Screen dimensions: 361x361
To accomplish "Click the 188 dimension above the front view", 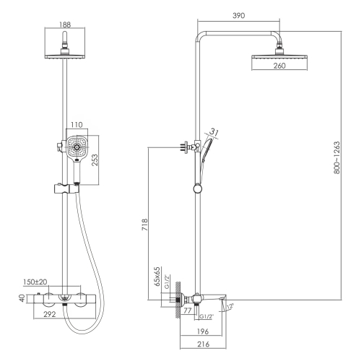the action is (x=65, y=25).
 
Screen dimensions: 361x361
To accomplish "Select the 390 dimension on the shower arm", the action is (x=238, y=16).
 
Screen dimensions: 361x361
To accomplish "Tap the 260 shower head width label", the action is (x=279, y=66).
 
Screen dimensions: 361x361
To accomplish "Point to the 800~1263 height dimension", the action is (x=337, y=157).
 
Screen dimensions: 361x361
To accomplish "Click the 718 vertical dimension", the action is (x=144, y=225).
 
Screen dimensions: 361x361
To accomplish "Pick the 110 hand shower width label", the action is (x=77, y=125).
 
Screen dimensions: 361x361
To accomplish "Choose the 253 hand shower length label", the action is (x=95, y=160).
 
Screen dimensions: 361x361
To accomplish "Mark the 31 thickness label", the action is (x=214, y=132).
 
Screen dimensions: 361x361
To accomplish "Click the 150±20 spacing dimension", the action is (x=35, y=282).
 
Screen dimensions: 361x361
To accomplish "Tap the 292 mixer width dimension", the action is (x=49, y=314).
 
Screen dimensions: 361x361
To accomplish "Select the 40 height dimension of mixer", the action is (x=22, y=298).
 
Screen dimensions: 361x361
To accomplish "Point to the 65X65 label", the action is (x=157, y=276).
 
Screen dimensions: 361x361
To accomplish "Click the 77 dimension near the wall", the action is (x=187, y=310).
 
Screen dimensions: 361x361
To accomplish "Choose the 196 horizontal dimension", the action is (x=203, y=331).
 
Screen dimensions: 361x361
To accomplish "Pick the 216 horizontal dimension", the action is (x=203, y=344).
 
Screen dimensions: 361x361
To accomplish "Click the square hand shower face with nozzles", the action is (x=77, y=147).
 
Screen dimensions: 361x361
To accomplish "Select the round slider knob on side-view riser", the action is (x=198, y=188).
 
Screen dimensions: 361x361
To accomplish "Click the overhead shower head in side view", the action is (x=279, y=56).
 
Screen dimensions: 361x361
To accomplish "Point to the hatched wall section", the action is (x=178, y=300).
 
